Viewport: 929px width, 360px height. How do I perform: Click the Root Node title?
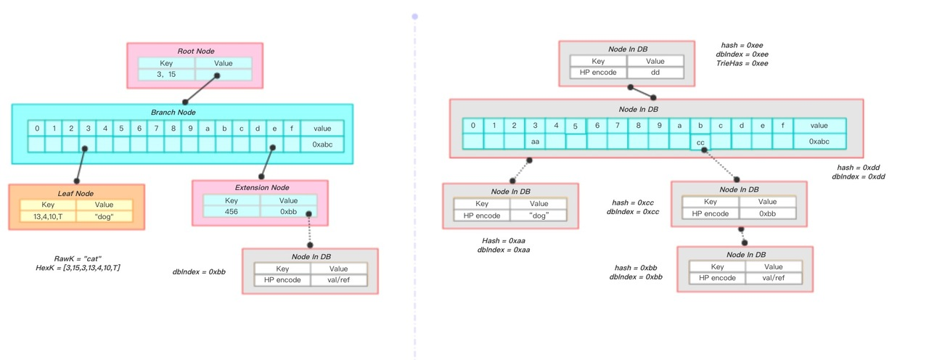(196, 51)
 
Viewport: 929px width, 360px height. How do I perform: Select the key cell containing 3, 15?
(166, 75)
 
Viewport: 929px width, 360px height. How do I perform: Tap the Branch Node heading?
(173, 112)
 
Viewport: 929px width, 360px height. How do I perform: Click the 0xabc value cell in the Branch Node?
(322, 144)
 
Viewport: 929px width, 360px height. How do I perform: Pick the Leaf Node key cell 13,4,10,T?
(48, 216)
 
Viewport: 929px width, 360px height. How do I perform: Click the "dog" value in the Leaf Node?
(104, 216)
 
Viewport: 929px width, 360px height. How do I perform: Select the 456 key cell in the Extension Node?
(232, 211)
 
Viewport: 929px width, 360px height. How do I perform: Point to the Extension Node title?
(262, 187)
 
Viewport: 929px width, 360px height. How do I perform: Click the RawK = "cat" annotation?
(78, 259)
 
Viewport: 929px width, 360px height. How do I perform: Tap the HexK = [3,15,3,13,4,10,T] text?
(78, 268)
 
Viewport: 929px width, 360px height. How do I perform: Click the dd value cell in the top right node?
(655, 72)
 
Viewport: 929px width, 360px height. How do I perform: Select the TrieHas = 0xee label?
(742, 63)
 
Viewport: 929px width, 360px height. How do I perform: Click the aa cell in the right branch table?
(535, 142)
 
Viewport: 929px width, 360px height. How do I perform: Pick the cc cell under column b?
(700, 142)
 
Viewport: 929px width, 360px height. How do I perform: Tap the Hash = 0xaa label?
(504, 240)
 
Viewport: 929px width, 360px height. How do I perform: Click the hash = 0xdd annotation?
(859, 168)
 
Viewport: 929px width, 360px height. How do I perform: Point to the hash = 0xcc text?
(633, 202)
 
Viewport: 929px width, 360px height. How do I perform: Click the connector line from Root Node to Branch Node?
(201, 89)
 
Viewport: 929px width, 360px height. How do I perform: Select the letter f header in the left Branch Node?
(292, 128)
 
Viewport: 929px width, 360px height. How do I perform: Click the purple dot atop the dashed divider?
(414, 17)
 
